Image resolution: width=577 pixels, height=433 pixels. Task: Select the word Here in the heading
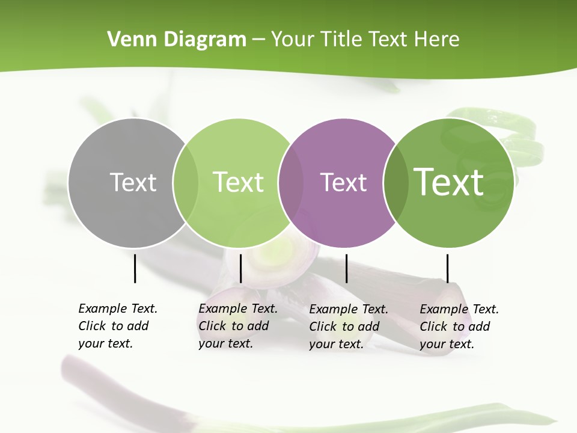[x=437, y=40]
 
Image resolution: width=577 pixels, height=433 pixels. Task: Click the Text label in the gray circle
[x=133, y=182]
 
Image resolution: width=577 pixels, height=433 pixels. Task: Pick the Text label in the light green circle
[x=238, y=182]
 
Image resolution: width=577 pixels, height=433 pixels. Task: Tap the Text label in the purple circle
[x=343, y=182]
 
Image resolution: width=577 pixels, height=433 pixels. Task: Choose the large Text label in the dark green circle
[x=448, y=182]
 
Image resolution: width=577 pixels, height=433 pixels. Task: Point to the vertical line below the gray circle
[x=135, y=268]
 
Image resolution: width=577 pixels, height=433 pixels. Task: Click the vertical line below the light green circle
[x=240, y=268]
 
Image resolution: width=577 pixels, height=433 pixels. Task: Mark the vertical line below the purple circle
[x=346, y=268]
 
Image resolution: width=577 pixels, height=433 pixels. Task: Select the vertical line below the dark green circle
[x=447, y=268]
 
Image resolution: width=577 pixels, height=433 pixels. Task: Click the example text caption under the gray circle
[x=118, y=326]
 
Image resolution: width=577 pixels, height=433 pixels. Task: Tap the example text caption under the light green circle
[x=238, y=326]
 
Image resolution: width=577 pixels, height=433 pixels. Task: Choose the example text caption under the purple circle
[x=349, y=327]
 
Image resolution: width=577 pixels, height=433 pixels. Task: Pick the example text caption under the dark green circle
[x=459, y=327]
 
